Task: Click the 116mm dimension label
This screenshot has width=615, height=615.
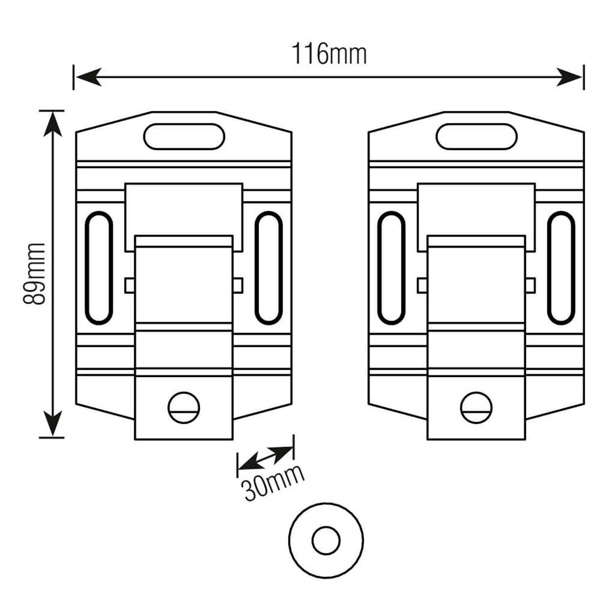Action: pyautogui.click(x=329, y=55)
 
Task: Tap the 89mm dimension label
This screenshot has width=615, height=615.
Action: pyautogui.click(x=34, y=273)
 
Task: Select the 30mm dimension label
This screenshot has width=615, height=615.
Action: pyautogui.click(x=273, y=484)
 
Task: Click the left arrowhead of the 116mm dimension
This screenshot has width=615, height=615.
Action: pyautogui.click(x=88, y=77)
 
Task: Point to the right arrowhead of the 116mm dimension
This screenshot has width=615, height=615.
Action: pyautogui.click(x=569, y=77)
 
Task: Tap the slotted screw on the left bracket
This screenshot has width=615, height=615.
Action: pyautogui.click(x=184, y=408)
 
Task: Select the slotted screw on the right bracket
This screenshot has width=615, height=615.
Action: pyautogui.click(x=476, y=408)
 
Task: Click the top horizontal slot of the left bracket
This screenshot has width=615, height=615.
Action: pyautogui.click(x=184, y=136)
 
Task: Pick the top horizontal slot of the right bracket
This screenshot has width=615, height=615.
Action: pyautogui.click(x=476, y=136)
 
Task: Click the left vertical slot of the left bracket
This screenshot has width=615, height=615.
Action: pyautogui.click(x=98, y=268)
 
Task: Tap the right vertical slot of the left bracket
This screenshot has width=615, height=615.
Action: pyautogui.click(x=269, y=268)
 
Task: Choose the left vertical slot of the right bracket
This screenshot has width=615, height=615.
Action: pyautogui.click(x=391, y=268)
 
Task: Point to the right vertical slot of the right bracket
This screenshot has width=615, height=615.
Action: pyautogui.click(x=561, y=268)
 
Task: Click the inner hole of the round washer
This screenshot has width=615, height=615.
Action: pyautogui.click(x=326, y=540)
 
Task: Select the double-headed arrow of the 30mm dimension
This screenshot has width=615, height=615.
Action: pyautogui.click(x=266, y=458)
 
